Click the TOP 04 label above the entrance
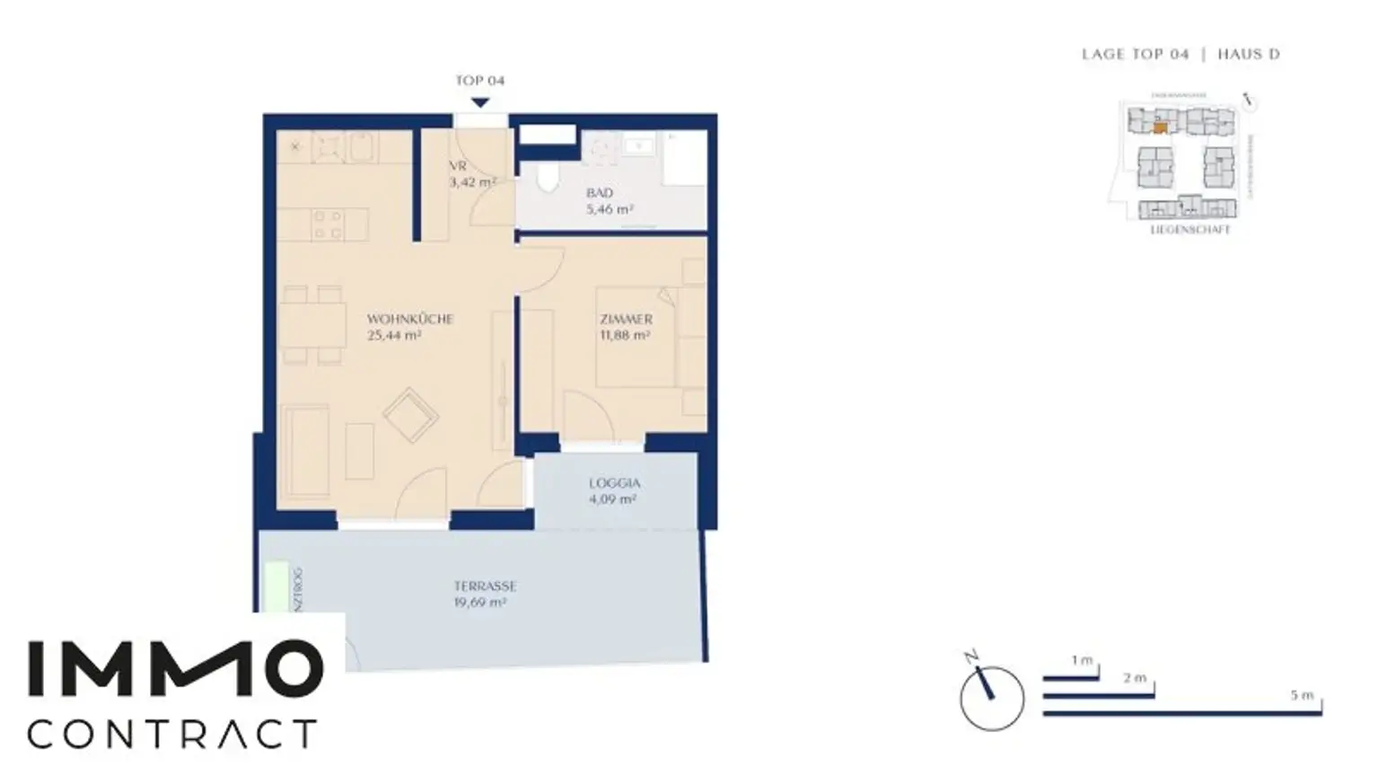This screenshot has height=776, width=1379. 479,81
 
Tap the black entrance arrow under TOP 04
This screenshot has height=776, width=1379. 480,102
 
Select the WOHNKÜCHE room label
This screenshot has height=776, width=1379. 409,319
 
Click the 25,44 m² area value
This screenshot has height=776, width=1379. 394,336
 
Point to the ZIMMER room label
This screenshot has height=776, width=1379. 626,319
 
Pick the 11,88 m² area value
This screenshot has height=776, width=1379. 625,336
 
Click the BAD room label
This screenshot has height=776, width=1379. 600,193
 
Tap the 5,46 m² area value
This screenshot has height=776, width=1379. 610,209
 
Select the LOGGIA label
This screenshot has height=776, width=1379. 615,483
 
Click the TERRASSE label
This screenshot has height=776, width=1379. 485,586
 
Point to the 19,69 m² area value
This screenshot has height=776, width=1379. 480,603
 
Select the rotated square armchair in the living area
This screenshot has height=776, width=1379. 410,415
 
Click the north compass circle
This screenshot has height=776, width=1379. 991,698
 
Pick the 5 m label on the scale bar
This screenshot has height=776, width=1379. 1302,695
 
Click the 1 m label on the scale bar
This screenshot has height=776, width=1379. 1082,661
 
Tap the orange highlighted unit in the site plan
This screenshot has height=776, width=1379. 1161,128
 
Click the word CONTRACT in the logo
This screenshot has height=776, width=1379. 171,734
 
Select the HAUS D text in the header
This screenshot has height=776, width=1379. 1248,55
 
